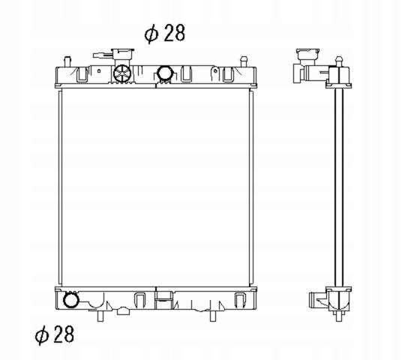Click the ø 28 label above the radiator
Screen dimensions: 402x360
click(x=164, y=33)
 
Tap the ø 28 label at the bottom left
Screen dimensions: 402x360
click(x=54, y=334)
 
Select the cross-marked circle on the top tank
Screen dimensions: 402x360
click(x=122, y=73)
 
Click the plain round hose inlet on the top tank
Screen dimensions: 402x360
click(x=165, y=73)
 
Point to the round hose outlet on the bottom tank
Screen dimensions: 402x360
click(x=70, y=300)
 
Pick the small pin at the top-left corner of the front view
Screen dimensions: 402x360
click(x=67, y=61)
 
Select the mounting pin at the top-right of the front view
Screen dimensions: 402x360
click(x=243, y=61)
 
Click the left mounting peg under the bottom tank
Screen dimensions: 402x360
click(x=100, y=316)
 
